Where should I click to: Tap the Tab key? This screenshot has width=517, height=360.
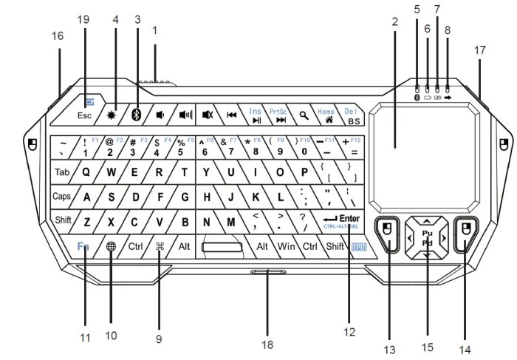click(62, 172)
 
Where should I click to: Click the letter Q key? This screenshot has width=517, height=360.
click(86, 172)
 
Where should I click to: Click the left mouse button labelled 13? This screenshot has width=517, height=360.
click(386, 234)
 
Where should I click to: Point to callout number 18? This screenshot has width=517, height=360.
click(267, 344)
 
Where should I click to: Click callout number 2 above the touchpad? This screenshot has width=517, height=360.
click(395, 22)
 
